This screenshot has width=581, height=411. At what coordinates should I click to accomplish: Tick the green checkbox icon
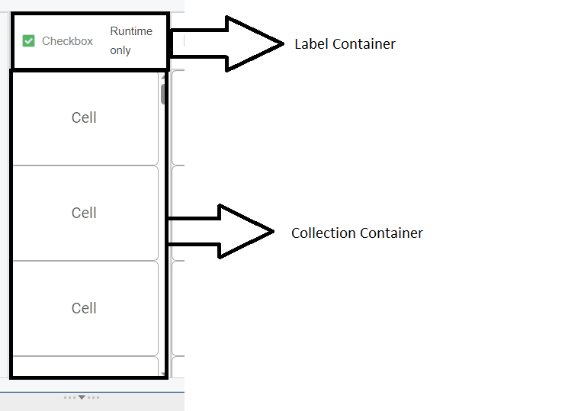[x=29, y=41]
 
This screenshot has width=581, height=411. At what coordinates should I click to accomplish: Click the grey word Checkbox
[x=67, y=41]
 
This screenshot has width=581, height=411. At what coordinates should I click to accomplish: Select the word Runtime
[x=131, y=31]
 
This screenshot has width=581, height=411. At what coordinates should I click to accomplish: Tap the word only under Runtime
[x=120, y=51]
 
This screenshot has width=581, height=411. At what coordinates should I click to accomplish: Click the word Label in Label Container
[x=310, y=44]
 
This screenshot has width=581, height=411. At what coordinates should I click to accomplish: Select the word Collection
[x=319, y=233]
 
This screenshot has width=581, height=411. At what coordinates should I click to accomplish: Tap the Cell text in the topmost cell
[x=84, y=117]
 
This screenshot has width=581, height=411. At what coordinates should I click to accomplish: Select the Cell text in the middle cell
[x=84, y=213]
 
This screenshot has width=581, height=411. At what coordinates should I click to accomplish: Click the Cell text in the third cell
[x=84, y=308]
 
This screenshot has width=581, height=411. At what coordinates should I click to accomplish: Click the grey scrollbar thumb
[x=163, y=94]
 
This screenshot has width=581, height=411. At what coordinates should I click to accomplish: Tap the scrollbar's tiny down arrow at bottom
[x=163, y=374]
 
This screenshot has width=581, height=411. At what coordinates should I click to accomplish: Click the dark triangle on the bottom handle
[x=82, y=397]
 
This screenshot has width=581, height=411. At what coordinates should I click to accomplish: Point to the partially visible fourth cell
[x=84, y=366]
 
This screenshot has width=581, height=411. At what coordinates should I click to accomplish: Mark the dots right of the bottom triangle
[x=94, y=397]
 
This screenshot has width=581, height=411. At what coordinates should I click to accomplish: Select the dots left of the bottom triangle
[x=71, y=397]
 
